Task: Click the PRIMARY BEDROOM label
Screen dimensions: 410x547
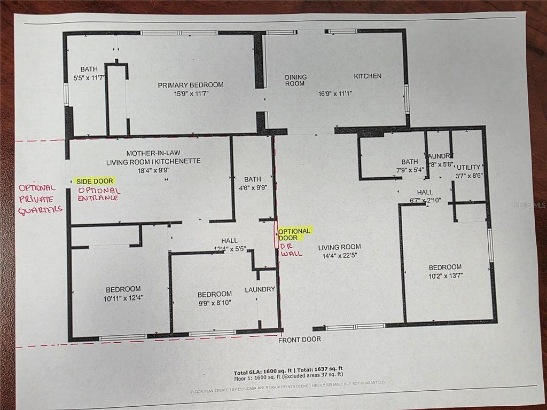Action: tap(191, 85)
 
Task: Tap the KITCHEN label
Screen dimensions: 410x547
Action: tap(368, 76)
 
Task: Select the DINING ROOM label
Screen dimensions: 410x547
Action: tap(295, 80)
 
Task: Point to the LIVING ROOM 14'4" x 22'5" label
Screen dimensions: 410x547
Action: tap(339, 251)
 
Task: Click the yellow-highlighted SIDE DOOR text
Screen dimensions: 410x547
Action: tap(95, 182)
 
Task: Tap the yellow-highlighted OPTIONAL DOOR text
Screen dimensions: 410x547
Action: tap(294, 234)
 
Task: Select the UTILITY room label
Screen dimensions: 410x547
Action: tap(469, 167)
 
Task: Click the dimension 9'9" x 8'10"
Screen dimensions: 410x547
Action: tap(215, 303)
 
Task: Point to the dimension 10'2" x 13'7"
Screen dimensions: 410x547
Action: tap(446, 275)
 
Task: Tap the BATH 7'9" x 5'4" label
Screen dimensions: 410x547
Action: tap(410, 166)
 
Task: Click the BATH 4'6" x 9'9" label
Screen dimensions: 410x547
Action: tap(252, 183)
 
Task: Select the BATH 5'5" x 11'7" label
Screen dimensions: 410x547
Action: tap(89, 74)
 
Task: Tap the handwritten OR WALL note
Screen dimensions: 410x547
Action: tap(291, 250)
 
